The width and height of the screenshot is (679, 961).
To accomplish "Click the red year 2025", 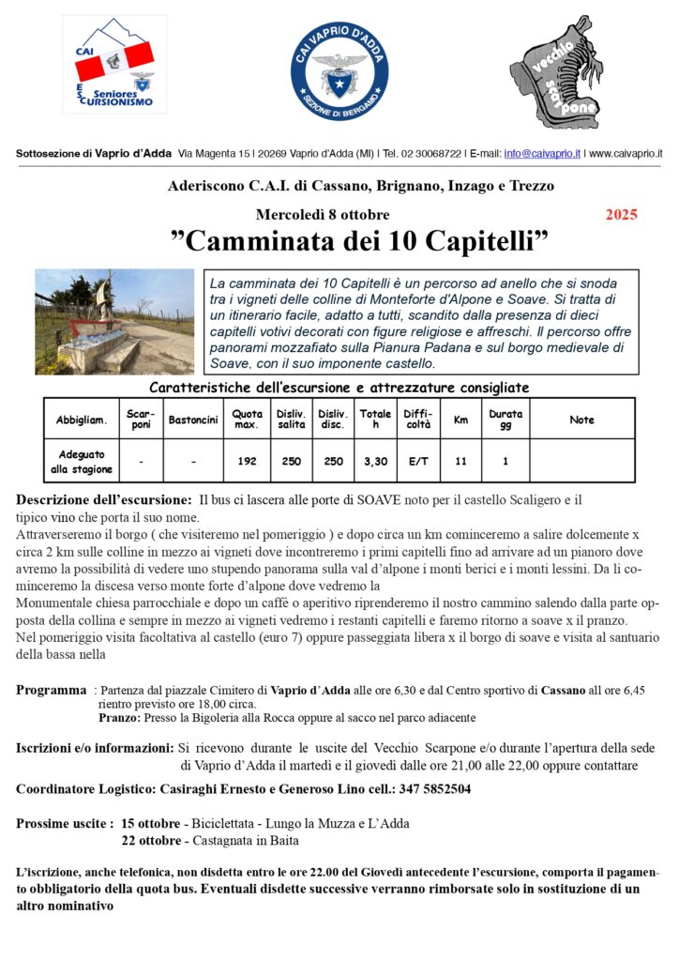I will click(621, 215).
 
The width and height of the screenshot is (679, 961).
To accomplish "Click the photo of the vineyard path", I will click(114, 321).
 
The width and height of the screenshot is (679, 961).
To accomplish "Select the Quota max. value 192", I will click(248, 461).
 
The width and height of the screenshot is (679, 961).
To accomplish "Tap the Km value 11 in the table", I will click(460, 461).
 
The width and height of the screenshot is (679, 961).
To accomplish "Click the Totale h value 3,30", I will click(375, 461).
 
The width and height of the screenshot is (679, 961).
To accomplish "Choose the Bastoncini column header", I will click(193, 419).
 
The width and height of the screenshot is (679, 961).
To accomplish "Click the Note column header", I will click(581, 419).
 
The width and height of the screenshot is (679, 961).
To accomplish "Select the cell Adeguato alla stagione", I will click(81, 461).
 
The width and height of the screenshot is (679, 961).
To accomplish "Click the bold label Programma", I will click(52, 691).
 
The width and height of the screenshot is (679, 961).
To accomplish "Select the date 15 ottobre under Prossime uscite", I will click(150, 824).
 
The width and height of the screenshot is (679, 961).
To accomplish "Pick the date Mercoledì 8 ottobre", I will click(322, 215).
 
